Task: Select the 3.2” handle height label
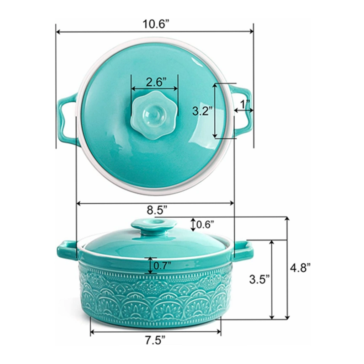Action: (202, 111)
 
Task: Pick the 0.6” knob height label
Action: (205, 224)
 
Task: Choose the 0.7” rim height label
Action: (162, 265)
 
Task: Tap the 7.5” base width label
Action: (155, 340)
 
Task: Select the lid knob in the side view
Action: (154, 226)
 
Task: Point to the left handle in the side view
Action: (67, 250)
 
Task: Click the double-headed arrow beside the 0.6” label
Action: (193, 224)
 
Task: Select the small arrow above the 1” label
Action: (243, 111)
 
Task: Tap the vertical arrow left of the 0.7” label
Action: (151, 266)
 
